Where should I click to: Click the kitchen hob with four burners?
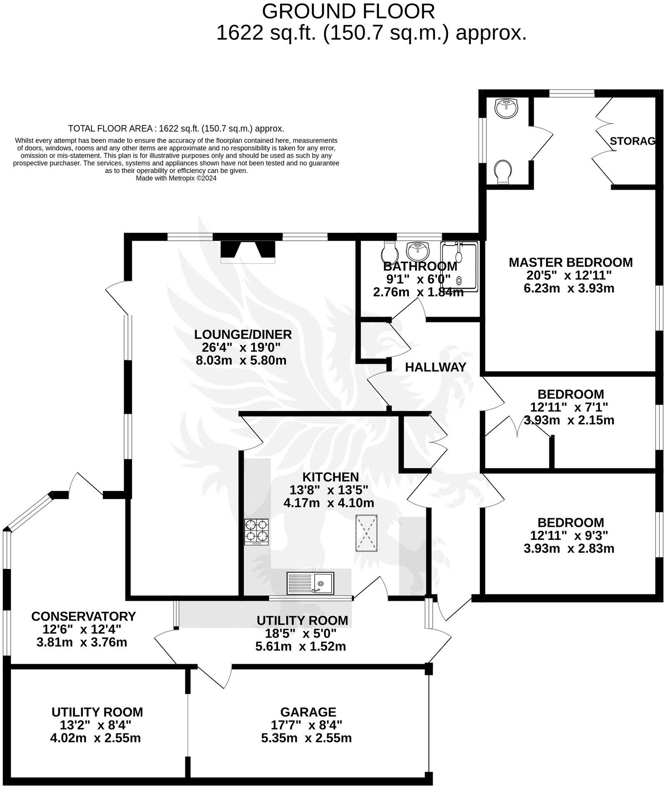click(256, 532)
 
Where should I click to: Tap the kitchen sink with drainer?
click(310, 583)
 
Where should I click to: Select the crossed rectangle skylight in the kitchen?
click(366, 533)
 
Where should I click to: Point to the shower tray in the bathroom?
click(459, 267)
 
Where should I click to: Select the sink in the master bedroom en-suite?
click(506, 108)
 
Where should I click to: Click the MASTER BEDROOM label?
click(570, 263)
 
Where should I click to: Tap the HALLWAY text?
click(435, 367)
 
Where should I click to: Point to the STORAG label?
click(632, 141)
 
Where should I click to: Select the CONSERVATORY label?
click(83, 616)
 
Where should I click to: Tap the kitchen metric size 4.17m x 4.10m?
click(328, 503)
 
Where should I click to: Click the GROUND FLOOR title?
click(348, 11)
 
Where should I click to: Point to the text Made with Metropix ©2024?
click(176, 178)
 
